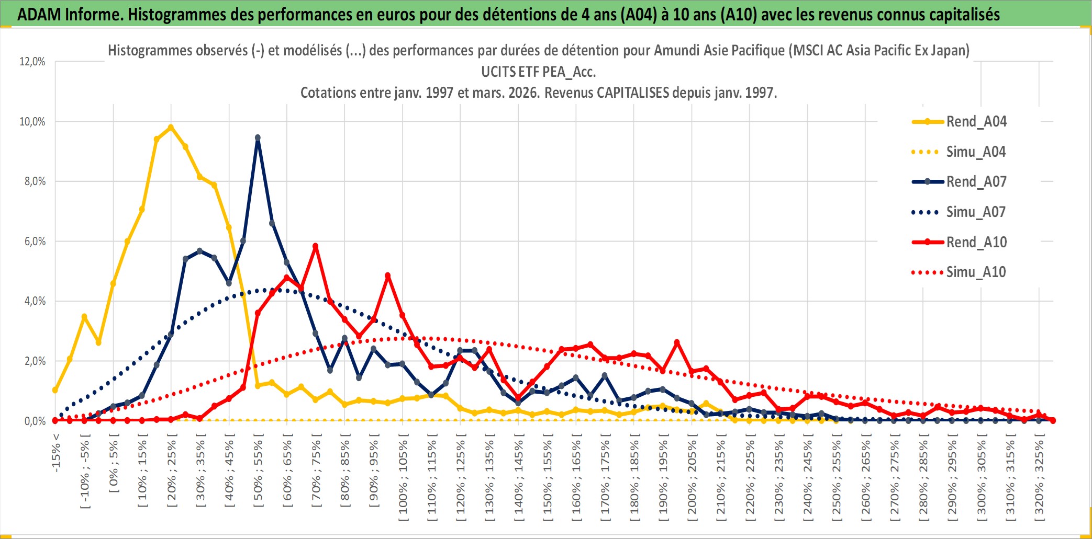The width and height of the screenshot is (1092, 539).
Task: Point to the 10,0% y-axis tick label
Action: click(x=32, y=122)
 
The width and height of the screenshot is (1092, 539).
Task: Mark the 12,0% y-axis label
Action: click(x=32, y=62)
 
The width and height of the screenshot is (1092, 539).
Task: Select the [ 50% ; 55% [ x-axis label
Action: click(x=258, y=474)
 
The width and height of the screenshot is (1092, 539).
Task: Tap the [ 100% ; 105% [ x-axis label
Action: click(x=403, y=480)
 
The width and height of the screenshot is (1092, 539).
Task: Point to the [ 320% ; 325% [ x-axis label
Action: click(x=1039, y=480)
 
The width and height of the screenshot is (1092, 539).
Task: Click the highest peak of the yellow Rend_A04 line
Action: click(x=171, y=127)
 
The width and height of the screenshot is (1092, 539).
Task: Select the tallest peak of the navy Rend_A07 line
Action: click(x=258, y=138)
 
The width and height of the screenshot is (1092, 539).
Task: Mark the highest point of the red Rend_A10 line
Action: click(x=315, y=246)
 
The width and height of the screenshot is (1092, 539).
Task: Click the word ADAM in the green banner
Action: click(x=39, y=14)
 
